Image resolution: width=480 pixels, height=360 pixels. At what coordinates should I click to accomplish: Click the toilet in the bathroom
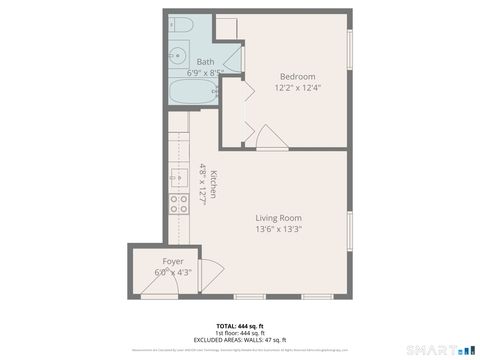(x=182, y=25)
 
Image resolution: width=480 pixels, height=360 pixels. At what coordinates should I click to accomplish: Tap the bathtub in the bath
(x=190, y=95)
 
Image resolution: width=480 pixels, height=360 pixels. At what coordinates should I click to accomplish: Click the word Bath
(x=204, y=62)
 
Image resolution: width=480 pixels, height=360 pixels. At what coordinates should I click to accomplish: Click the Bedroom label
(x=297, y=76)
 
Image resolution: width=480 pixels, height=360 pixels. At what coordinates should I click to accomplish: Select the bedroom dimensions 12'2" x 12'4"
(x=297, y=87)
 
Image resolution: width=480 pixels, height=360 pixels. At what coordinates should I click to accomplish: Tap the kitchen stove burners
(x=180, y=203)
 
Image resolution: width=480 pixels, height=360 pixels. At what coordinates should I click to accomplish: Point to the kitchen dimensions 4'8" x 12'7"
(x=202, y=183)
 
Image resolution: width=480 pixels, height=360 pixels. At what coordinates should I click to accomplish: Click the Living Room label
(x=278, y=218)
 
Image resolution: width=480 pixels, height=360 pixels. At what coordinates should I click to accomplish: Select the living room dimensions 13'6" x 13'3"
(x=278, y=229)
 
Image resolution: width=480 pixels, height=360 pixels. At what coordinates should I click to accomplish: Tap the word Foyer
(x=173, y=261)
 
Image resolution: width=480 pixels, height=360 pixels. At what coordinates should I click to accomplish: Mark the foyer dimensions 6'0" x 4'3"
(x=173, y=272)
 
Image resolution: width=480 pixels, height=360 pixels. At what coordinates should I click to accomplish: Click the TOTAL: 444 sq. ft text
(x=239, y=326)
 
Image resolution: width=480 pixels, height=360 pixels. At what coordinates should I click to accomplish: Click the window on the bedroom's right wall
(x=349, y=49)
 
